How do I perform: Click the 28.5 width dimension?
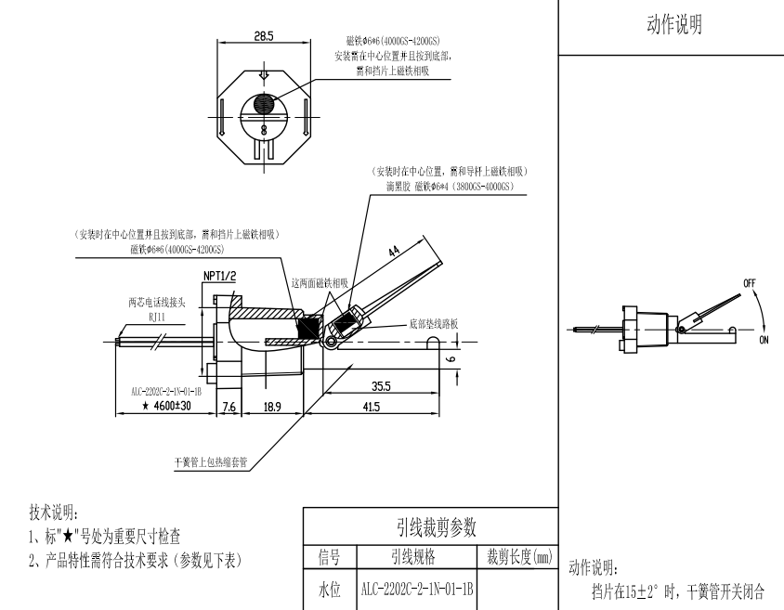263,36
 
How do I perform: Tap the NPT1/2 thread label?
219,277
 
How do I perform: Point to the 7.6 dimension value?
229,406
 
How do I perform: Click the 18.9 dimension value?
271,406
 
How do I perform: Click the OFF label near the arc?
750,281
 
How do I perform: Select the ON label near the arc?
764,340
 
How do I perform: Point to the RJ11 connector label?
150,315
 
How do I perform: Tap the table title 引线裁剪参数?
429,526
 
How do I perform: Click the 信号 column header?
329,557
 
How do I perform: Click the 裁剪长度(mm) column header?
518,557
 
